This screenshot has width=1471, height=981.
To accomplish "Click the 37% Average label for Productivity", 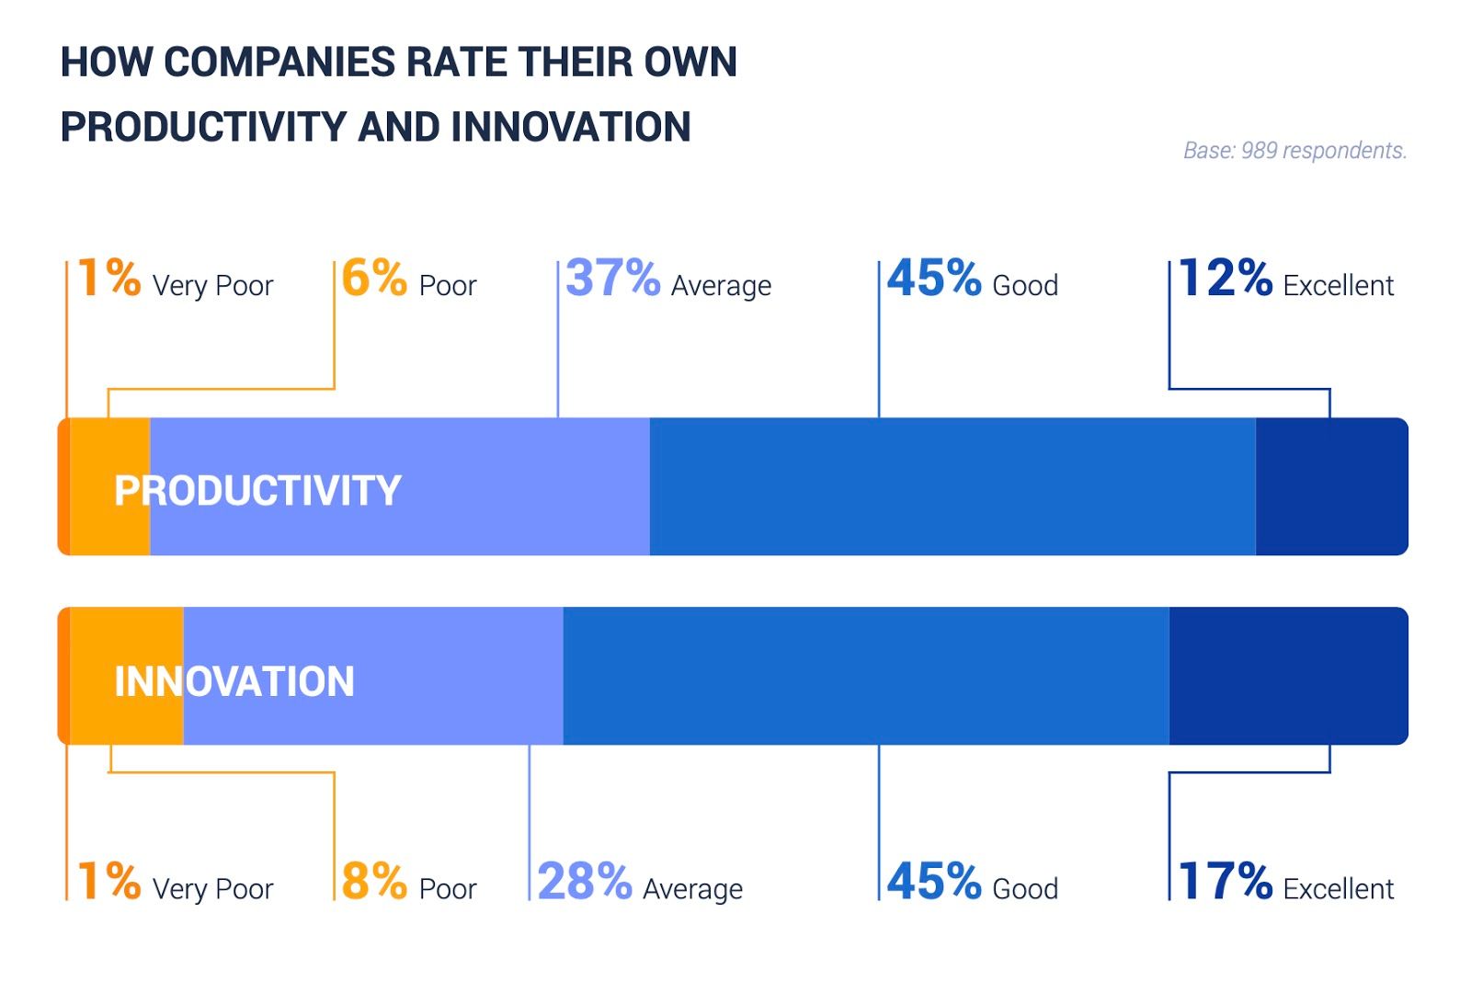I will pos(667,279).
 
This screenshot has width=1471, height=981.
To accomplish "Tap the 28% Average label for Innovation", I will pos(639,882).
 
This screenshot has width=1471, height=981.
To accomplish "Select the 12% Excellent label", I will pos(1284,279).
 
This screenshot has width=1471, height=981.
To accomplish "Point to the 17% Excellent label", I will pos(1284,882).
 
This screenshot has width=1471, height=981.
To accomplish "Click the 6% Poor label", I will pos(408,279).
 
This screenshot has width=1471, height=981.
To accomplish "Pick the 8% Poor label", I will pos(408,882).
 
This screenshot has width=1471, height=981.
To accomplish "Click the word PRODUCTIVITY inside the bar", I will pos(257,490).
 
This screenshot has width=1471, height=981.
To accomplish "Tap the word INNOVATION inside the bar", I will pos(234,681).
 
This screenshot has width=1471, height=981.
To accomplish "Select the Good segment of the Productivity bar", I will pos(952,486).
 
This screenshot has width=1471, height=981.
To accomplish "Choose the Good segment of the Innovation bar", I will pos(865,676).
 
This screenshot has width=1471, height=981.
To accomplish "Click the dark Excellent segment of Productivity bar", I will pos(1330,486).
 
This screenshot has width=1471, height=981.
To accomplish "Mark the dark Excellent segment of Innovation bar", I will pos(1287,676).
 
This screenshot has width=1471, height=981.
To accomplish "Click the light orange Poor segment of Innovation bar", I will pos(92,644).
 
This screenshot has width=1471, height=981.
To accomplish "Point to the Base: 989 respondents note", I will pos(1294,151).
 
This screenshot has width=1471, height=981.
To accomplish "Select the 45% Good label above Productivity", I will pos(971,279).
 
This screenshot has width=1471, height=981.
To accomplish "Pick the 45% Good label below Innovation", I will pos(971,882).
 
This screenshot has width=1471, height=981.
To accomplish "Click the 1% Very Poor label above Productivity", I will pos(175,279).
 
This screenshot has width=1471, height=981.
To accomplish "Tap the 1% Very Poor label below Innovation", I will pos(175,882).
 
